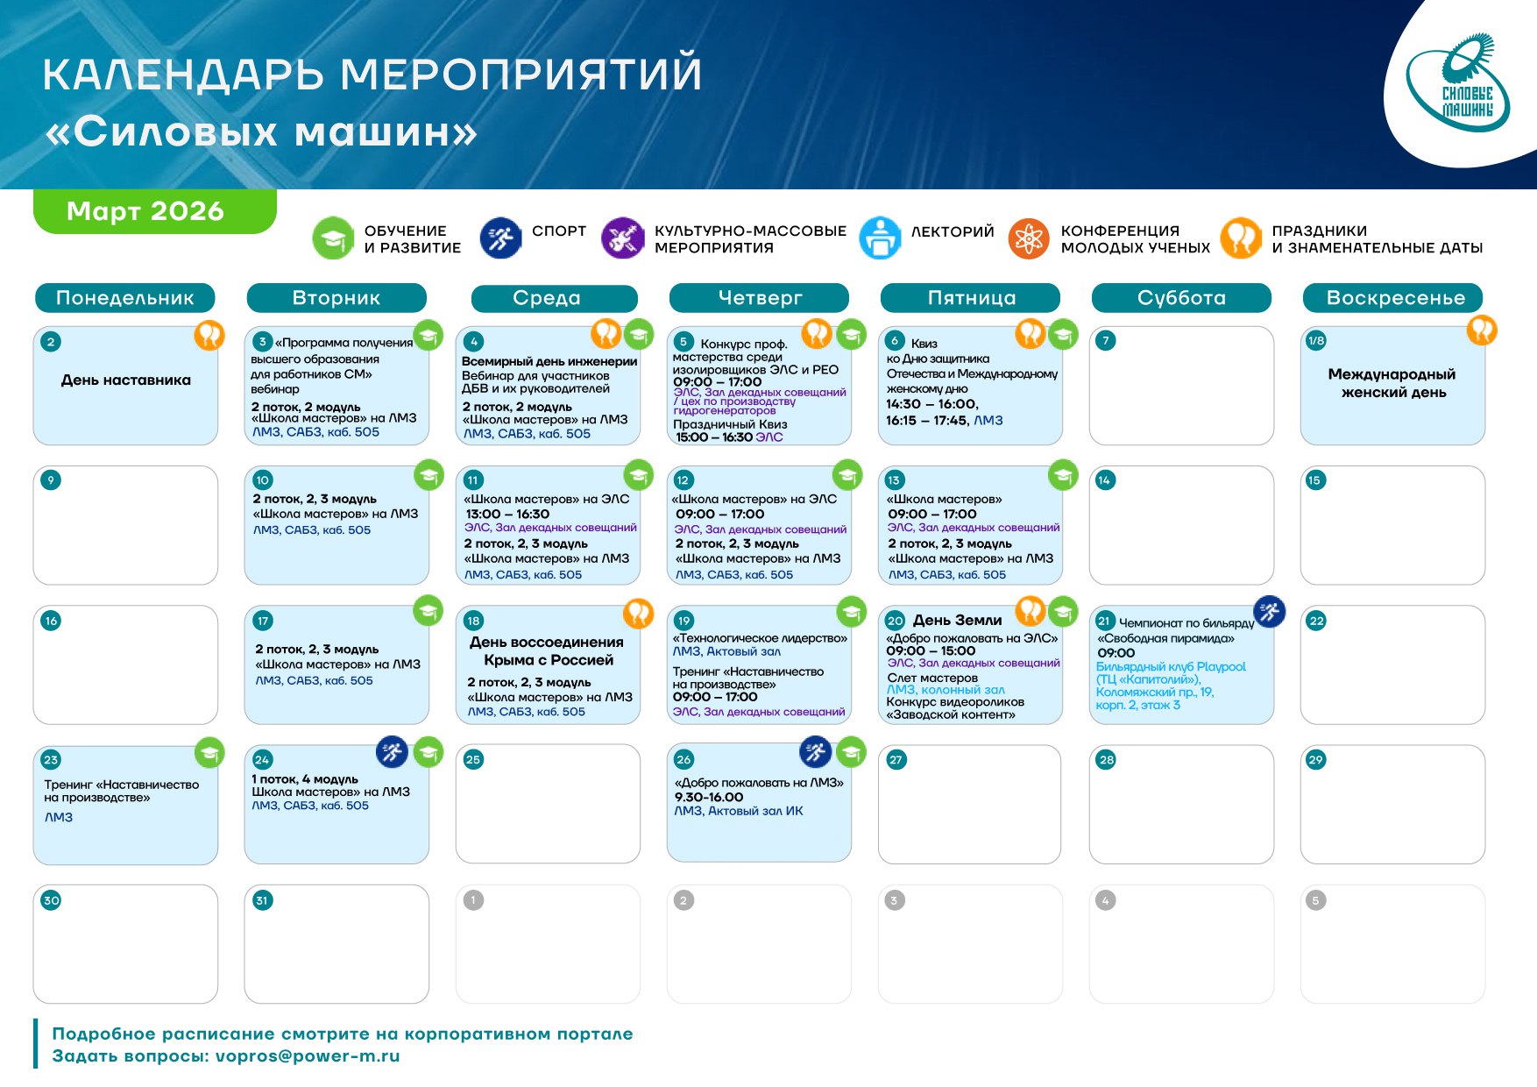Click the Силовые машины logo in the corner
pos(1458,83)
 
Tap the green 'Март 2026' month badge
pos(155,211)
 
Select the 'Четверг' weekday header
pos(759,298)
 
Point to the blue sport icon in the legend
pos(501,238)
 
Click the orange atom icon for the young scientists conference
pos(1029,238)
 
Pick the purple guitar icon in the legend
pos(623,238)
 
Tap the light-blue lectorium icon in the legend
pos(881,238)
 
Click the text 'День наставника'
pos(126,380)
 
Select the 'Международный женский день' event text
pos(1392,383)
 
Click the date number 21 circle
pos(1105,622)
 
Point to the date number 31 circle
pos(262,900)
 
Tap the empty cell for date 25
pos(548,804)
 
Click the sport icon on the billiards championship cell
pos(1270,611)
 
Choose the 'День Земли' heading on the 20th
pos(958,621)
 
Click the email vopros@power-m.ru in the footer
pos(308,1056)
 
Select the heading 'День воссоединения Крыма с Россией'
pos(547,651)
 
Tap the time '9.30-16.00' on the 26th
pos(709,798)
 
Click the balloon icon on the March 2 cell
pos(209,334)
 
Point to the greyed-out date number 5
pos(1315,900)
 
